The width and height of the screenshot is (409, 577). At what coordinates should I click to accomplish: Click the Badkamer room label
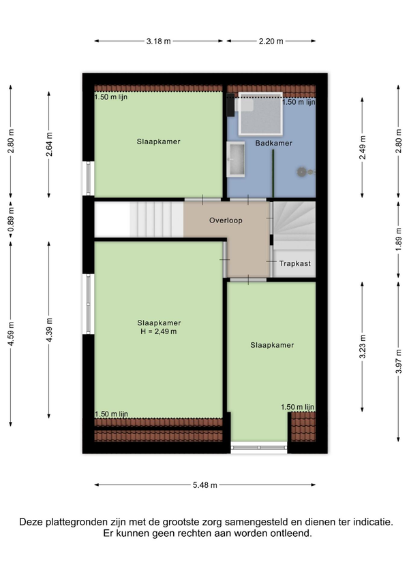(x=273, y=143)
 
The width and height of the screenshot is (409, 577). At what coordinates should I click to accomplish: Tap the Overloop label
(x=226, y=220)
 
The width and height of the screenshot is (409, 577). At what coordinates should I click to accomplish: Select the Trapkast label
(x=294, y=263)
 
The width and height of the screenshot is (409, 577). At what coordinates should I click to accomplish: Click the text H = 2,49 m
(x=159, y=331)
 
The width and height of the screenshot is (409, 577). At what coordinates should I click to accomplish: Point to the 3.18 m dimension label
(x=159, y=42)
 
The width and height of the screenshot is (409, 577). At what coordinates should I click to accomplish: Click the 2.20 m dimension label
(x=271, y=42)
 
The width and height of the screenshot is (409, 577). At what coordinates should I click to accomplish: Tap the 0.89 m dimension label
(x=11, y=220)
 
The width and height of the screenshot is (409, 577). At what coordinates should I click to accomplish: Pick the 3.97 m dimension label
(x=399, y=361)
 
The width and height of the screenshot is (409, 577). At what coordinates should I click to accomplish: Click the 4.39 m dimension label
(x=49, y=330)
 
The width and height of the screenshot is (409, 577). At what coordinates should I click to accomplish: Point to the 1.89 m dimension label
(x=399, y=240)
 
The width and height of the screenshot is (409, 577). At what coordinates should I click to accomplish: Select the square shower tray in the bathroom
(x=260, y=114)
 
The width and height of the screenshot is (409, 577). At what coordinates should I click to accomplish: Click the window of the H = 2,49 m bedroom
(x=89, y=304)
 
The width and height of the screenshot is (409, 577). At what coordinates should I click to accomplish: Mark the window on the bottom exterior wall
(x=259, y=448)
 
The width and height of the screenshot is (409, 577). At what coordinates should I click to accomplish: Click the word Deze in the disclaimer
(x=31, y=522)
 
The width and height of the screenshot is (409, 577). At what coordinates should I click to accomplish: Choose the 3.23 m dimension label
(x=363, y=346)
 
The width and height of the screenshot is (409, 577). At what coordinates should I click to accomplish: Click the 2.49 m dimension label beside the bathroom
(x=363, y=148)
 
